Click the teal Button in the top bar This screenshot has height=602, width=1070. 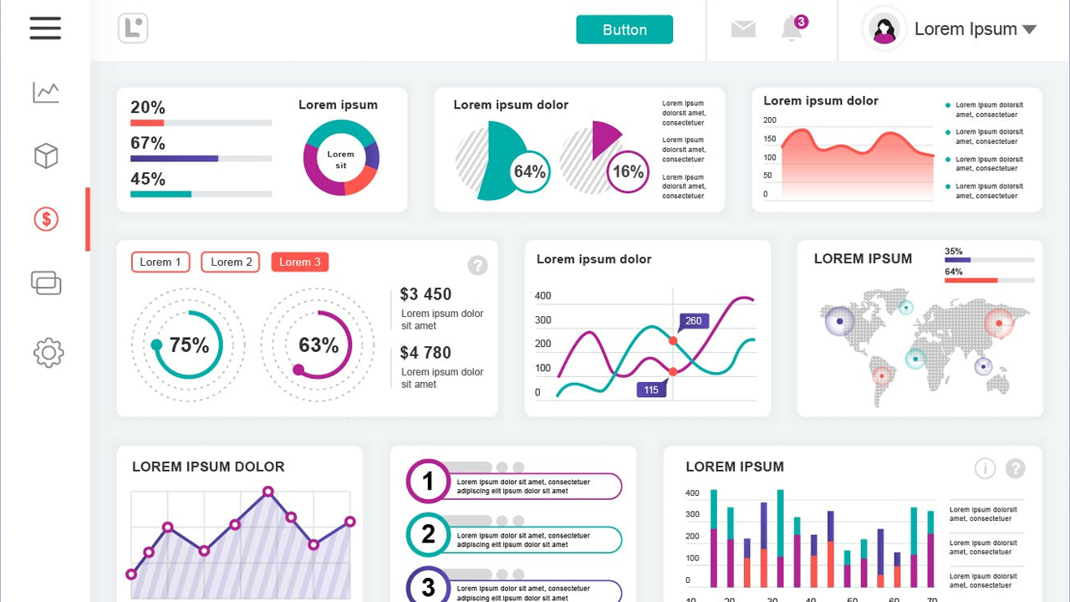point(624,29)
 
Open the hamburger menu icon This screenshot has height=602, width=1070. point(45,28)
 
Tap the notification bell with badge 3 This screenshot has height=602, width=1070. point(792,28)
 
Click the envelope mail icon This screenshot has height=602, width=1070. point(743,29)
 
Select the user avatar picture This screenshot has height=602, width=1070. point(884,29)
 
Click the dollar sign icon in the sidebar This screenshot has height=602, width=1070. point(46,219)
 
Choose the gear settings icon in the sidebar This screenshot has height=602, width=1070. point(48,352)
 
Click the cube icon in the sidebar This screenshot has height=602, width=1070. point(46,156)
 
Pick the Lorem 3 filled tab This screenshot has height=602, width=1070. point(300,263)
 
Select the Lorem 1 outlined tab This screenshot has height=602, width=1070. point(160,263)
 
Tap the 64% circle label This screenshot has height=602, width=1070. point(530,172)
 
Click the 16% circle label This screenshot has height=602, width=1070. point(628,172)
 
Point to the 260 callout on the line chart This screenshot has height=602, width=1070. point(694,320)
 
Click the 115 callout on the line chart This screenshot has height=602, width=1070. point(651,390)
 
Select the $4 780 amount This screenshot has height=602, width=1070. point(425,353)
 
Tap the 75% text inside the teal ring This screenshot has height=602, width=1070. point(189,345)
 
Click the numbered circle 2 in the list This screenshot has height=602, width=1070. point(428,534)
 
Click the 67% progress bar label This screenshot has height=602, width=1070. point(148,143)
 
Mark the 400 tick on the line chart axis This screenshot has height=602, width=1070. point(543,295)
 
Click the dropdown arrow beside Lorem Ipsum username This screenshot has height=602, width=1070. point(1029,29)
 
